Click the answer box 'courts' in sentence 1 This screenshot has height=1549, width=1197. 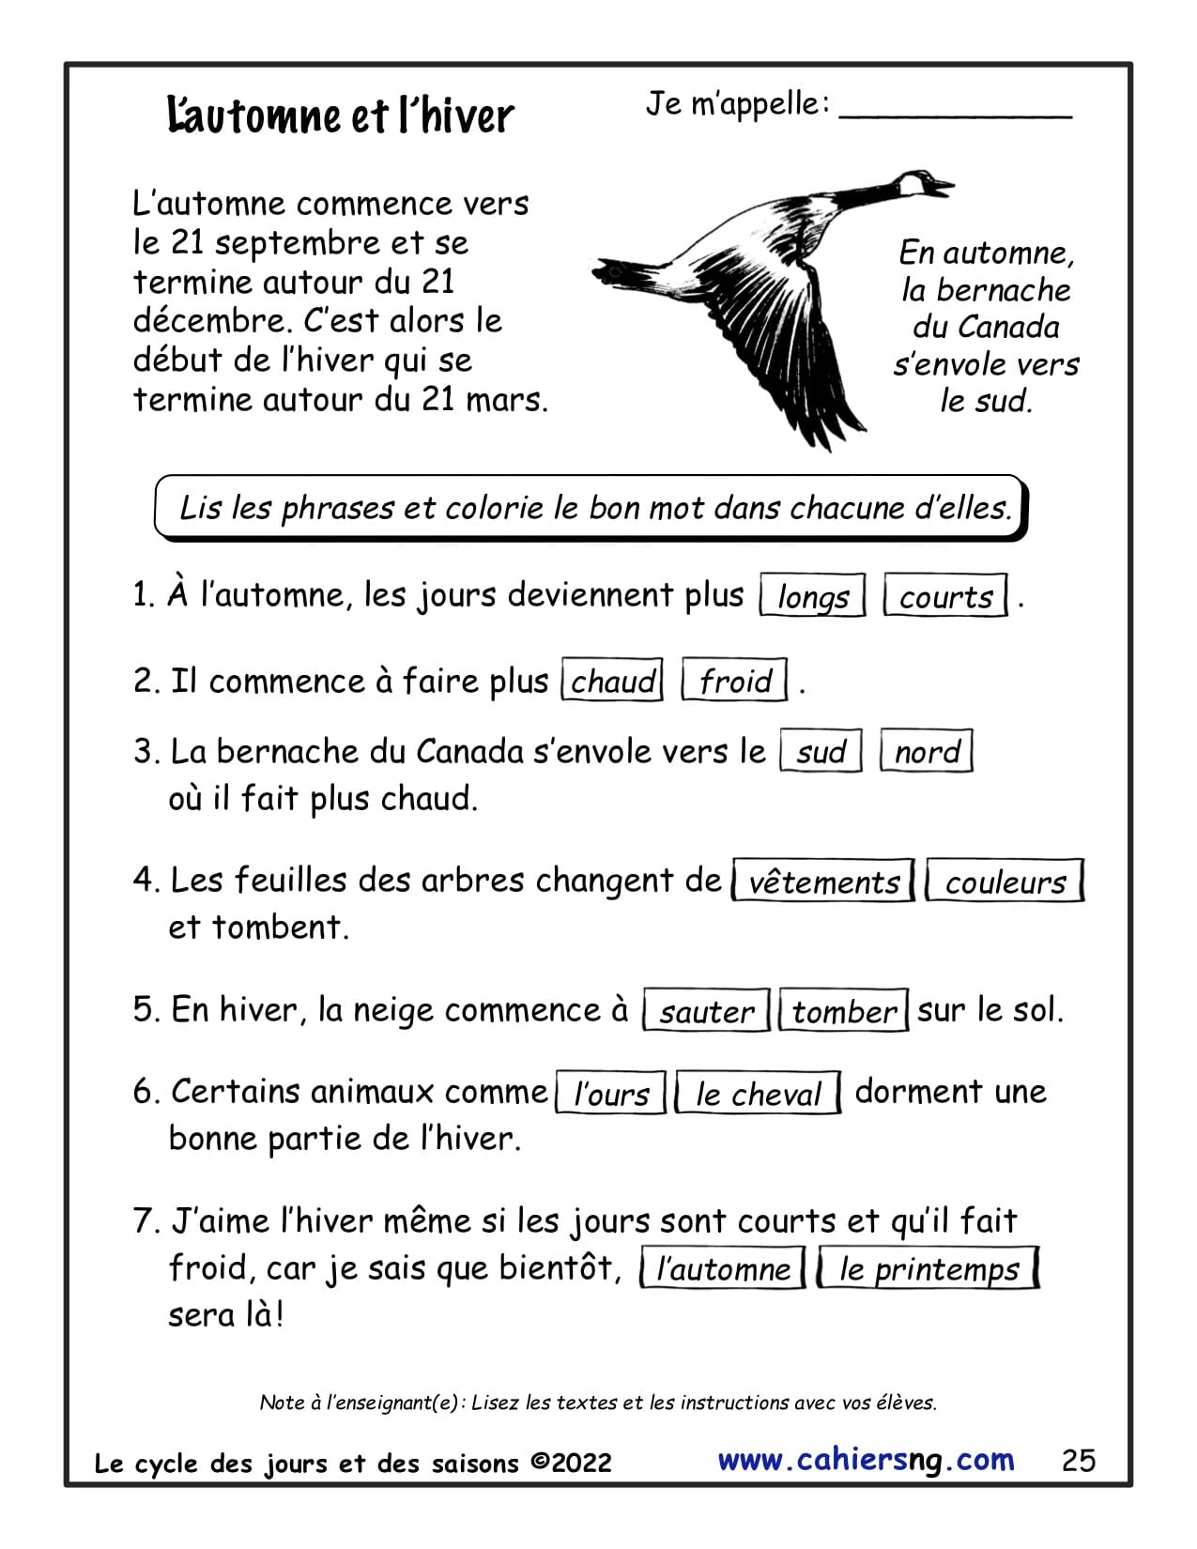coord(945,596)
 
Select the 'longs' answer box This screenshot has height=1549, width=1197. coord(812,596)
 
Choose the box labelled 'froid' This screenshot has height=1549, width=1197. coord(734,681)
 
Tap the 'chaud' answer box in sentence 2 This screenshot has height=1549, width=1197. coord(612,681)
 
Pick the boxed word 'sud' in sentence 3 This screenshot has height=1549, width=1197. coord(821,751)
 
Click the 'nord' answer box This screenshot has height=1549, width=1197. coord(926,751)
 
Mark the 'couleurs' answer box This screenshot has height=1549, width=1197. coord(1005,882)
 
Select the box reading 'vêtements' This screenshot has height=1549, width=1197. coord(823,882)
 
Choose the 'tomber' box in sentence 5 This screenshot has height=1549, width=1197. coord(843,1011)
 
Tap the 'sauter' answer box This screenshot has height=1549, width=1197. coord(706,1011)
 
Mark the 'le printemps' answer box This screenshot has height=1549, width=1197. coord(928,1268)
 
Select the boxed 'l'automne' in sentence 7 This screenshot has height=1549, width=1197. coord(722,1268)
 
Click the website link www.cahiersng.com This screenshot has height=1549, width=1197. coord(866,1460)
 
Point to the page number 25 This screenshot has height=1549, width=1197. coord(1079,1460)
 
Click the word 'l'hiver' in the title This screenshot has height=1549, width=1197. coord(456,116)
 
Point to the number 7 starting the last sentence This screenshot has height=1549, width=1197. coord(145,1221)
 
